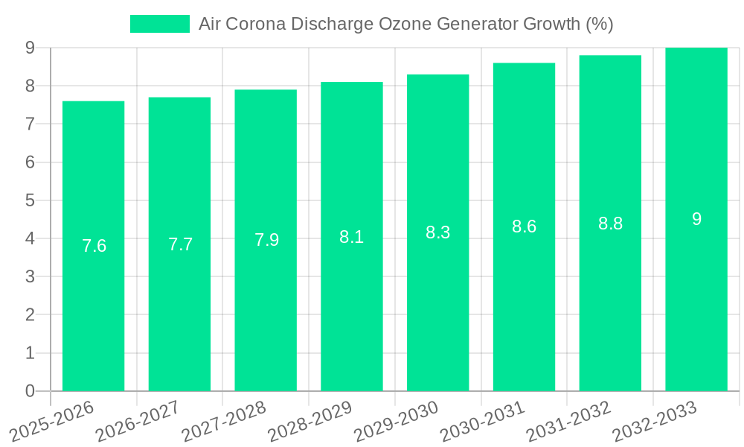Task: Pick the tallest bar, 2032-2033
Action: pyautogui.click(x=696, y=298)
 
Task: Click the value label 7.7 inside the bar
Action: pyautogui.click(x=180, y=244)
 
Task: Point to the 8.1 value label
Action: pyautogui.click(x=351, y=237)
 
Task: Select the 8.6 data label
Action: pyautogui.click(x=524, y=227)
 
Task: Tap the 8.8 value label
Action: pyautogui.click(x=610, y=223)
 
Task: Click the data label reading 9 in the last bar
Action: pyautogui.click(x=696, y=219)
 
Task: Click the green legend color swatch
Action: pyautogui.click(x=160, y=24)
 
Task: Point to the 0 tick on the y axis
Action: pyautogui.click(x=30, y=391)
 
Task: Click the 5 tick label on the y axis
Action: pyautogui.click(x=30, y=200)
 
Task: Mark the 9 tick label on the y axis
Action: pyautogui.click(x=30, y=48)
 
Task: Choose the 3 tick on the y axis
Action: pyautogui.click(x=30, y=276)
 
